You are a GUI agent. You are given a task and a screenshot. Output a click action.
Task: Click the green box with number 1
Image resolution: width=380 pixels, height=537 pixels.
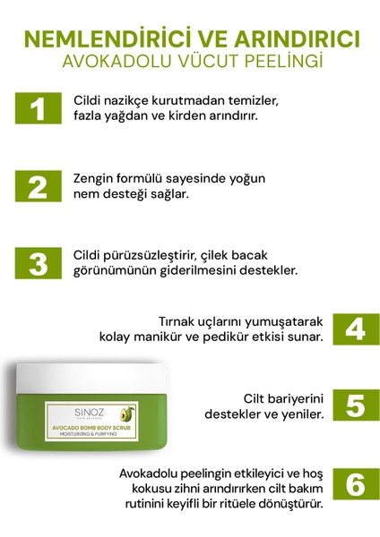pos(37,110)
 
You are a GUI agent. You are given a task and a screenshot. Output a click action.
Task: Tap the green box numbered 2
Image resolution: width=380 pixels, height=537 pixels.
pos(37,187)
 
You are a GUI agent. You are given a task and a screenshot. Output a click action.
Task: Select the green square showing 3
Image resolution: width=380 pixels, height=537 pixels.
pos(37,263)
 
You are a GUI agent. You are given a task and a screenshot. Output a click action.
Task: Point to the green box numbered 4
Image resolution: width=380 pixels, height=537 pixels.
pos(355,328)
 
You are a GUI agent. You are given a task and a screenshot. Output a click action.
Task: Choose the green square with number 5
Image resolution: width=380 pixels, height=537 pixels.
pos(355,405)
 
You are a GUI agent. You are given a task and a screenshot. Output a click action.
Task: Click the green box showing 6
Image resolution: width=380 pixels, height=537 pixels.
pos(355,484)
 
